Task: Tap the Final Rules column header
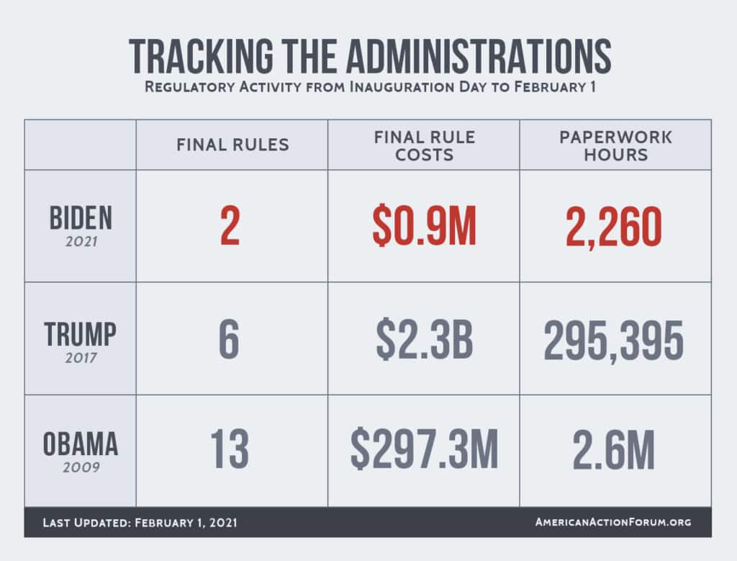[x=232, y=145]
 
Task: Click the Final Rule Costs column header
[x=424, y=145]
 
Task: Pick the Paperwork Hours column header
[x=615, y=145]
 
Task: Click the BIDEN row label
[x=80, y=218]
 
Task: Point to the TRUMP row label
[x=80, y=334]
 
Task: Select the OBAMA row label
[x=80, y=444]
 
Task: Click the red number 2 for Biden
[x=230, y=227]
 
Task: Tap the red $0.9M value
[x=424, y=227]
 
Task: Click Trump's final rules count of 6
[x=229, y=340]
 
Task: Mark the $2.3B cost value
[x=424, y=340]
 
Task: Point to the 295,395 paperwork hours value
[x=614, y=340]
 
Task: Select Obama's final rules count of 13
[x=230, y=450]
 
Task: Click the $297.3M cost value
[x=424, y=450]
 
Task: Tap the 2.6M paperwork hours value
[x=614, y=450]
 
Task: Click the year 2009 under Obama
[x=80, y=467]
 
